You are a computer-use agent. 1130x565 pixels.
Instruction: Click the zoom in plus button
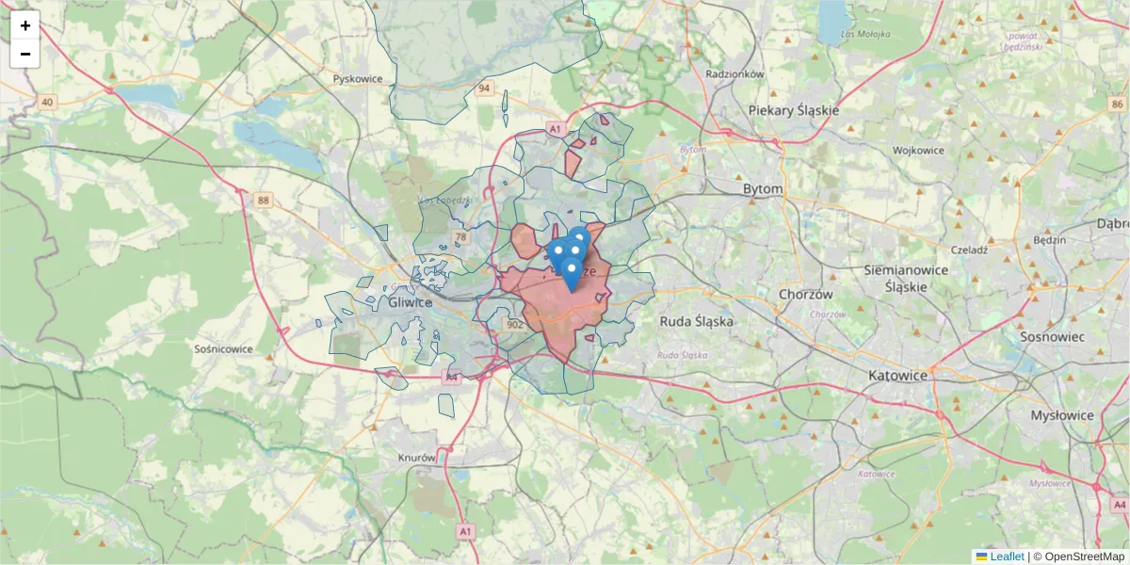coord(25,25)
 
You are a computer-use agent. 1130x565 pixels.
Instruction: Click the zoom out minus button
coord(25,54)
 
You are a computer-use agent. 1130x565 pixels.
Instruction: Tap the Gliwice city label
coord(410,303)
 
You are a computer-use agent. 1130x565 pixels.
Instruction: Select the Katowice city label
coord(897,375)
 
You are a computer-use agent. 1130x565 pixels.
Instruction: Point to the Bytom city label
coord(763,188)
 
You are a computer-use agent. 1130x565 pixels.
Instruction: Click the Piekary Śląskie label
coord(793,110)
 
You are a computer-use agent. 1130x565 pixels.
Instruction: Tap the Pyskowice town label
coord(358,79)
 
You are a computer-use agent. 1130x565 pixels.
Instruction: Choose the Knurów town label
coord(416,458)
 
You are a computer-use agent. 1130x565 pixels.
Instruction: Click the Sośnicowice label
coord(223,348)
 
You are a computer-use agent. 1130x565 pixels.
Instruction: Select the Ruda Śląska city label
coord(696,320)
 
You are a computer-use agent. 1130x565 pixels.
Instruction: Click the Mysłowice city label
coord(1061,414)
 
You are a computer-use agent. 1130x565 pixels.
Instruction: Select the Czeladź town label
coord(968,250)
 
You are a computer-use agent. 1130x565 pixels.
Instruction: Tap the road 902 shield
coord(514,325)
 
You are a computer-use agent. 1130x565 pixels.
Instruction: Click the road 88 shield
coord(263,200)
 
